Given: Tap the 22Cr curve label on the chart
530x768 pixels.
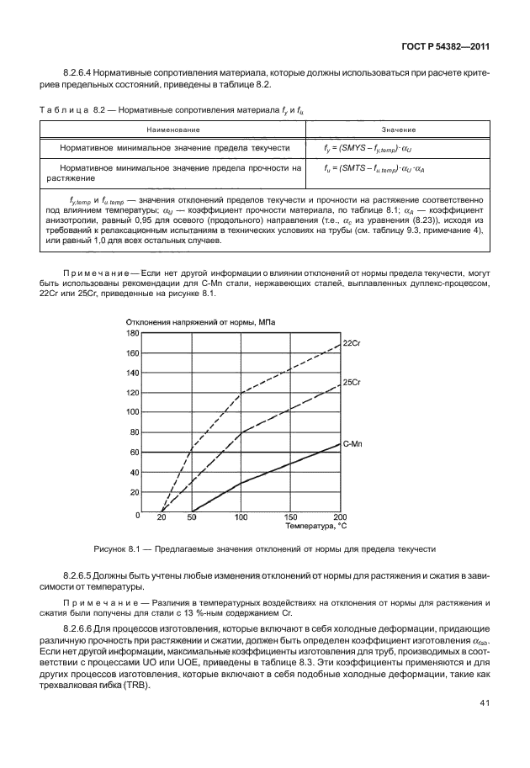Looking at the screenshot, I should tap(351, 344).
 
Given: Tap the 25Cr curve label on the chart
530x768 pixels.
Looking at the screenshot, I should tap(351, 383).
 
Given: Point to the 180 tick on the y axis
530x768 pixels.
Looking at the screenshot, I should tap(132, 333).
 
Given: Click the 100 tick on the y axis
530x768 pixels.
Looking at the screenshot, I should tap(132, 413).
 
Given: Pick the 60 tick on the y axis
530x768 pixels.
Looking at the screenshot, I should tap(134, 453).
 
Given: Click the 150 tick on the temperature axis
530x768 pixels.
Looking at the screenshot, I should tap(291, 516).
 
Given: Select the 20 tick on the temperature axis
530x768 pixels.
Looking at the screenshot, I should tap(161, 516).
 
